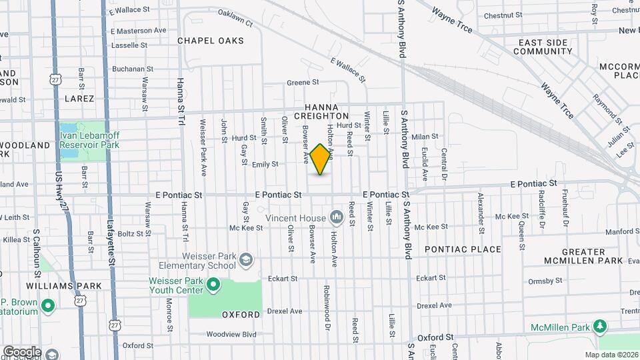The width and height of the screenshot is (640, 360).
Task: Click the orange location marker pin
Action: tap(321, 159)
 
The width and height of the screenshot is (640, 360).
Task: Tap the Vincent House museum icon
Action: tap(337, 218)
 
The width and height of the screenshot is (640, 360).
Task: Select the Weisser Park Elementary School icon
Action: tap(246, 259)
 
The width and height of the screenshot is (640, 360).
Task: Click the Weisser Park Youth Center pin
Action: tap(213, 286)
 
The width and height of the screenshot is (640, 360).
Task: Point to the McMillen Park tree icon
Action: tap(601, 326)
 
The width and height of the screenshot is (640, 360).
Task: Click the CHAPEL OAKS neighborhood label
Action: tap(211, 41)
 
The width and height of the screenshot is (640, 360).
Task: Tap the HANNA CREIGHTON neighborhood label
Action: tap(327, 111)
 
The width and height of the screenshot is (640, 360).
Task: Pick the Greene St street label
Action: tap(303, 83)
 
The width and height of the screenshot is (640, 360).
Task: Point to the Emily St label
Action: tap(265, 164)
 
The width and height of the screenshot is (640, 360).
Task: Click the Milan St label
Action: tap(425, 137)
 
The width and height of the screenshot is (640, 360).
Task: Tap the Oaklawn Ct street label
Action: tap(235, 19)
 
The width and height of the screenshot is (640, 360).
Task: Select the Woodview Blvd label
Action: tap(231, 334)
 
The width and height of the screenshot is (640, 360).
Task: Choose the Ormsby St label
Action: tap(541, 281)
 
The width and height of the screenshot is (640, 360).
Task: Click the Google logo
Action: tap(22, 351)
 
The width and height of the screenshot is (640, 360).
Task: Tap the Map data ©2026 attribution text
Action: tap(611, 355)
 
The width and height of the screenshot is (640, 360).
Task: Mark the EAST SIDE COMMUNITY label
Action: tap(546, 47)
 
